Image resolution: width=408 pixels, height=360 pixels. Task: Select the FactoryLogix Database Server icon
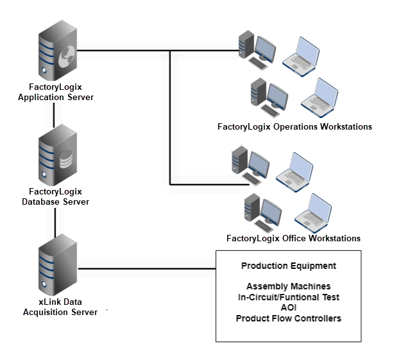point(56,155)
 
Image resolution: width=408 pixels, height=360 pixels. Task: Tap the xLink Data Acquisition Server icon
point(56,263)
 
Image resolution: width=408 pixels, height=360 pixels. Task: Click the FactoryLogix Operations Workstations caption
point(294,126)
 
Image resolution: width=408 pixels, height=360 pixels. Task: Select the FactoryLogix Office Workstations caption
point(293,238)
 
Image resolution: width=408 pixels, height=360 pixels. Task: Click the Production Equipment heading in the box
point(288,266)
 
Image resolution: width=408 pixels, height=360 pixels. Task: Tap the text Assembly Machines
point(288,286)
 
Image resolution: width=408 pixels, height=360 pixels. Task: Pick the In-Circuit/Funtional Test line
point(288,297)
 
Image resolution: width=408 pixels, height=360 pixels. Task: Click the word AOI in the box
point(288,307)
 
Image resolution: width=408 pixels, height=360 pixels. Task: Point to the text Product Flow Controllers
point(288,318)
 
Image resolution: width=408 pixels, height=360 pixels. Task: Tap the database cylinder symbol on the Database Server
point(65,161)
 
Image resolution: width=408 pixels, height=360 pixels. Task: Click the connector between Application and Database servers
point(56,114)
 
